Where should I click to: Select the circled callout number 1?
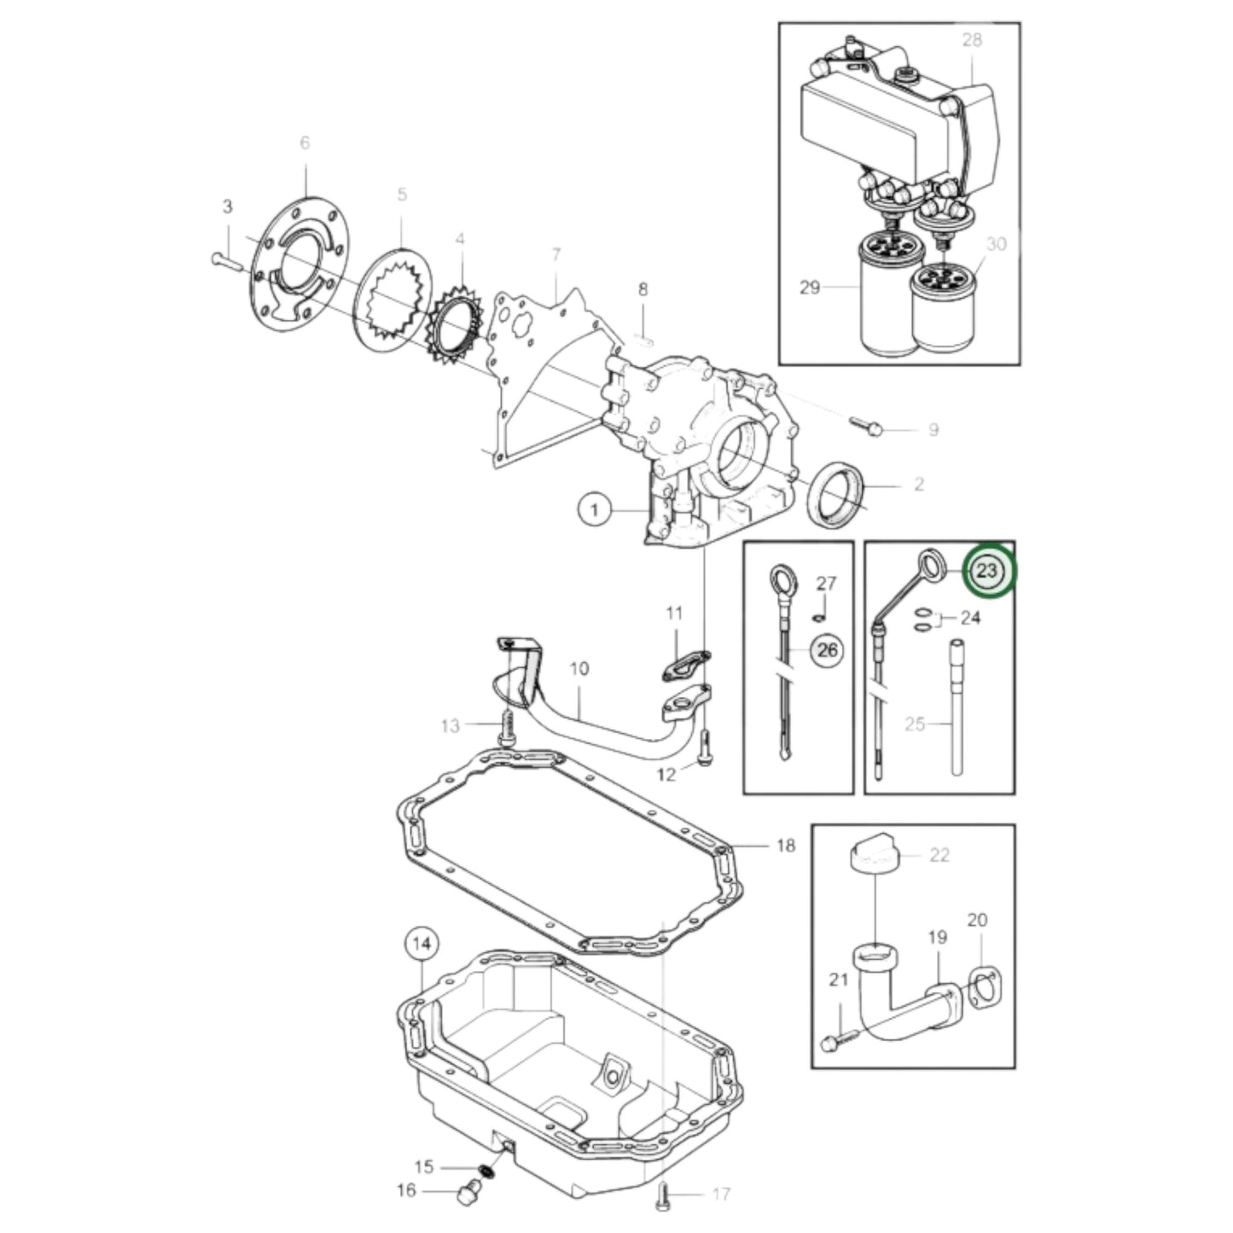(x=596, y=510)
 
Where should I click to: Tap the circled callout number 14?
(x=422, y=944)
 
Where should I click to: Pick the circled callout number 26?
(x=827, y=651)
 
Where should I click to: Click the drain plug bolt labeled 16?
(x=466, y=1192)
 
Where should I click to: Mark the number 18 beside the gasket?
(x=785, y=846)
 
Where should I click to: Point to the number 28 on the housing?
(x=972, y=39)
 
